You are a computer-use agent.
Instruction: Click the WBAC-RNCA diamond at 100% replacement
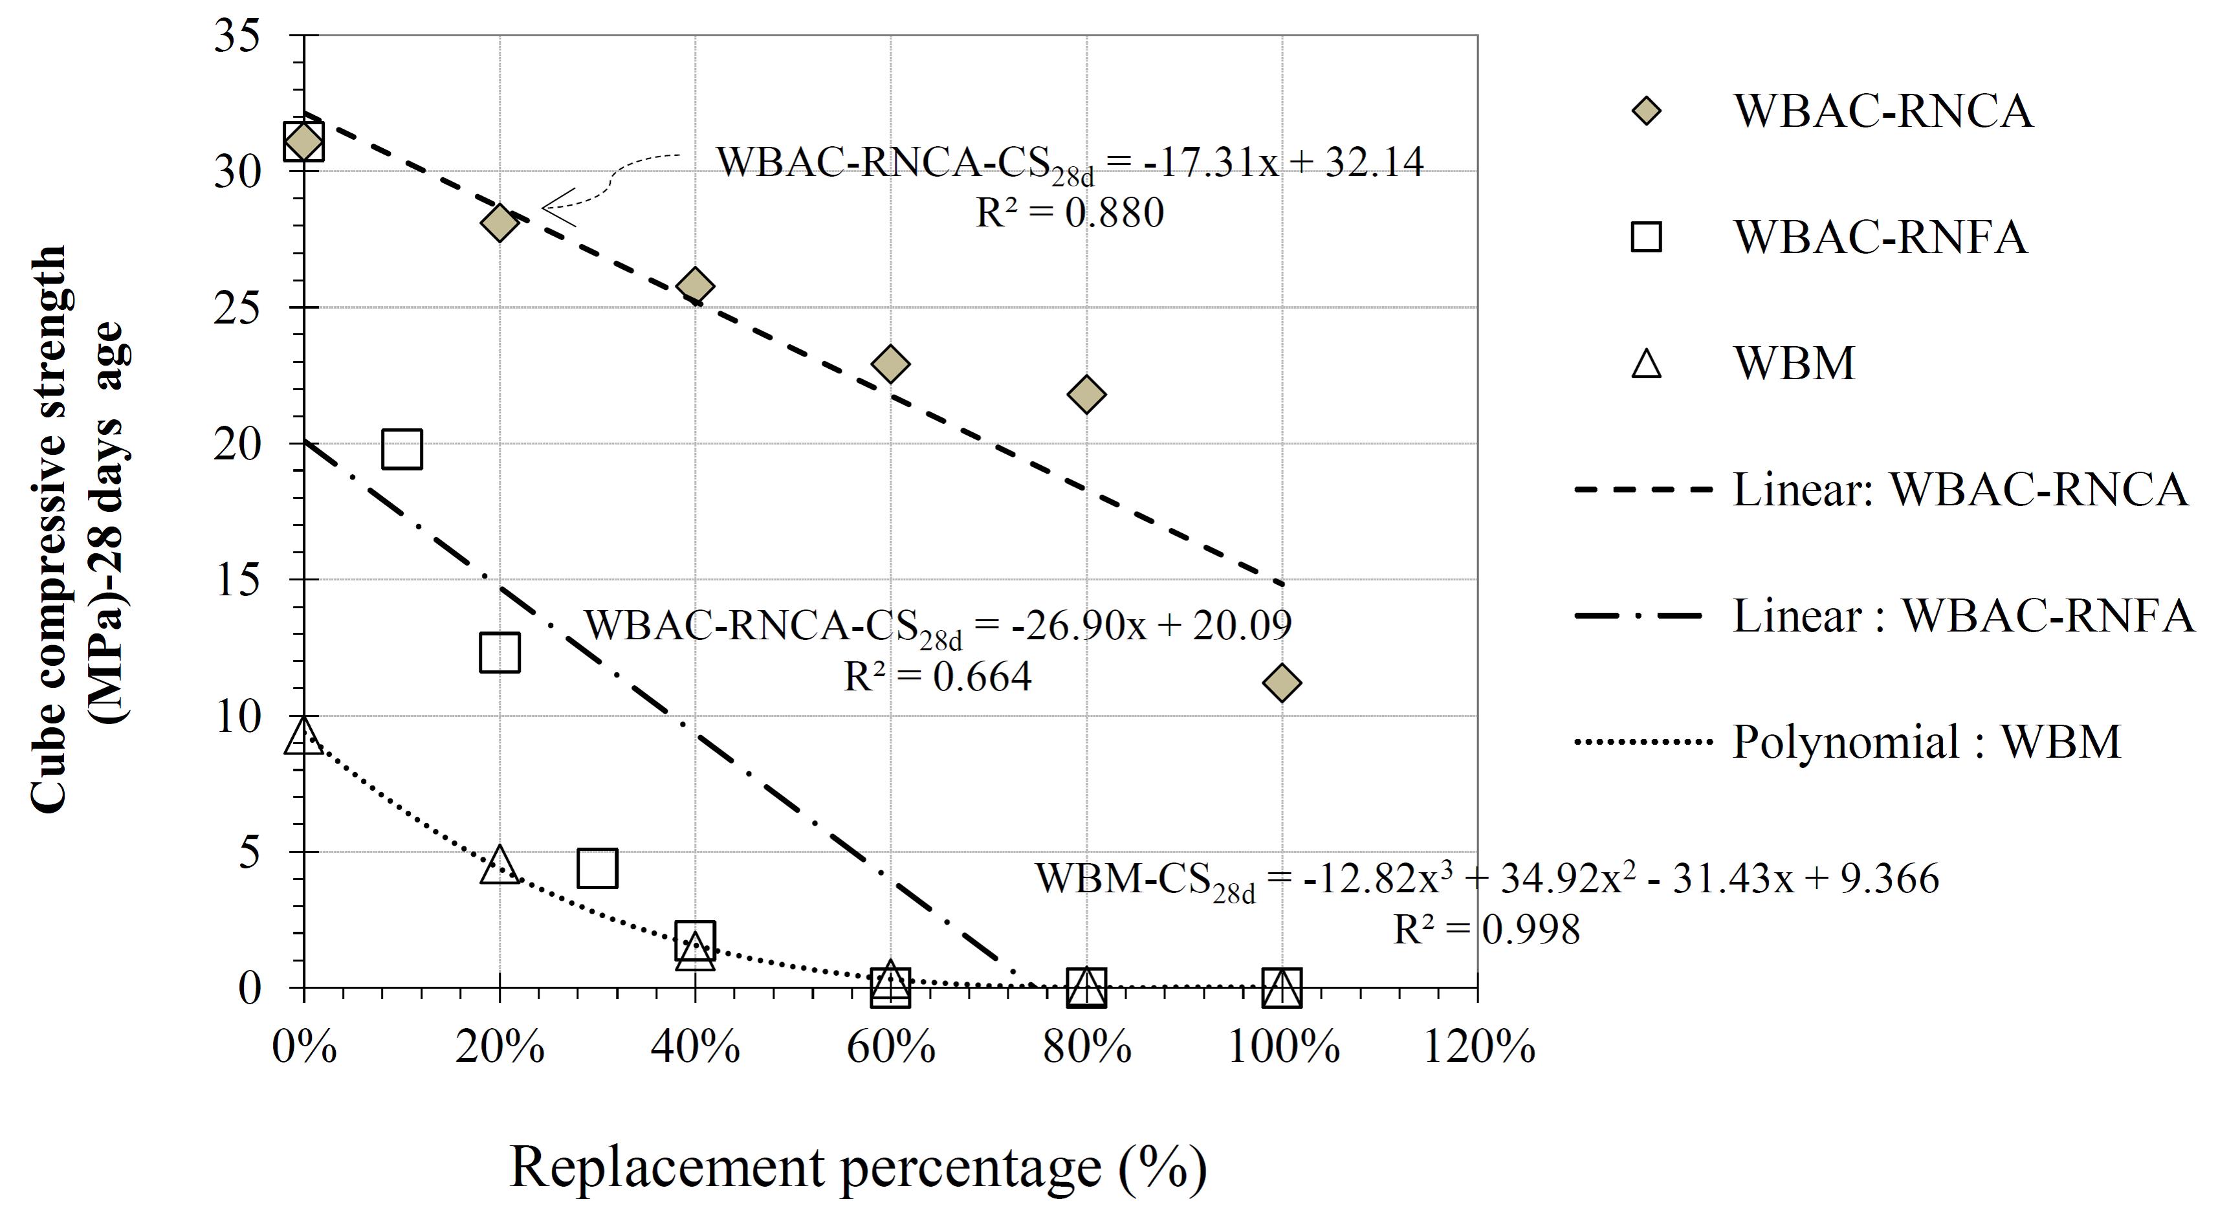pyautogui.click(x=1281, y=683)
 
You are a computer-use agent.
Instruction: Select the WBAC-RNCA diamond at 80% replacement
pyautogui.click(x=1086, y=395)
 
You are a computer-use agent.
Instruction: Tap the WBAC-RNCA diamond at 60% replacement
pyautogui.click(x=890, y=364)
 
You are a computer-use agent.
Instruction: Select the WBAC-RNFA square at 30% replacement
pyautogui.click(x=598, y=867)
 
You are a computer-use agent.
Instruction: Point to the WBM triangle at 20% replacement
pyautogui.click(x=500, y=864)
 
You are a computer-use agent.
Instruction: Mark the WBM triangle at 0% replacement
pyautogui.click(x=304, y=736)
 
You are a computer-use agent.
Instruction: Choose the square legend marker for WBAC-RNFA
pyautogui.click(x=1645, y=237)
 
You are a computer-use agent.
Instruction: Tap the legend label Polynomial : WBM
pyautogui.click(x=1926, y=742)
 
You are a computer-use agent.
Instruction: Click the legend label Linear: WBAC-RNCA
pyautogui.click(x=1960, y=490)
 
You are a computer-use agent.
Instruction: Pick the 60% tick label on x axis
pyautogui.click(x=891, y=1047)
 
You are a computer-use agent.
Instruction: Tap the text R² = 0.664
pyautogui.click(x=937, y=677)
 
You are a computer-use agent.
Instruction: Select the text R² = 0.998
pyautogui.click(x=1486, y=929)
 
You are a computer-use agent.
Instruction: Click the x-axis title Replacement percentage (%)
pyautogui.click(x=859, y=1168)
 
